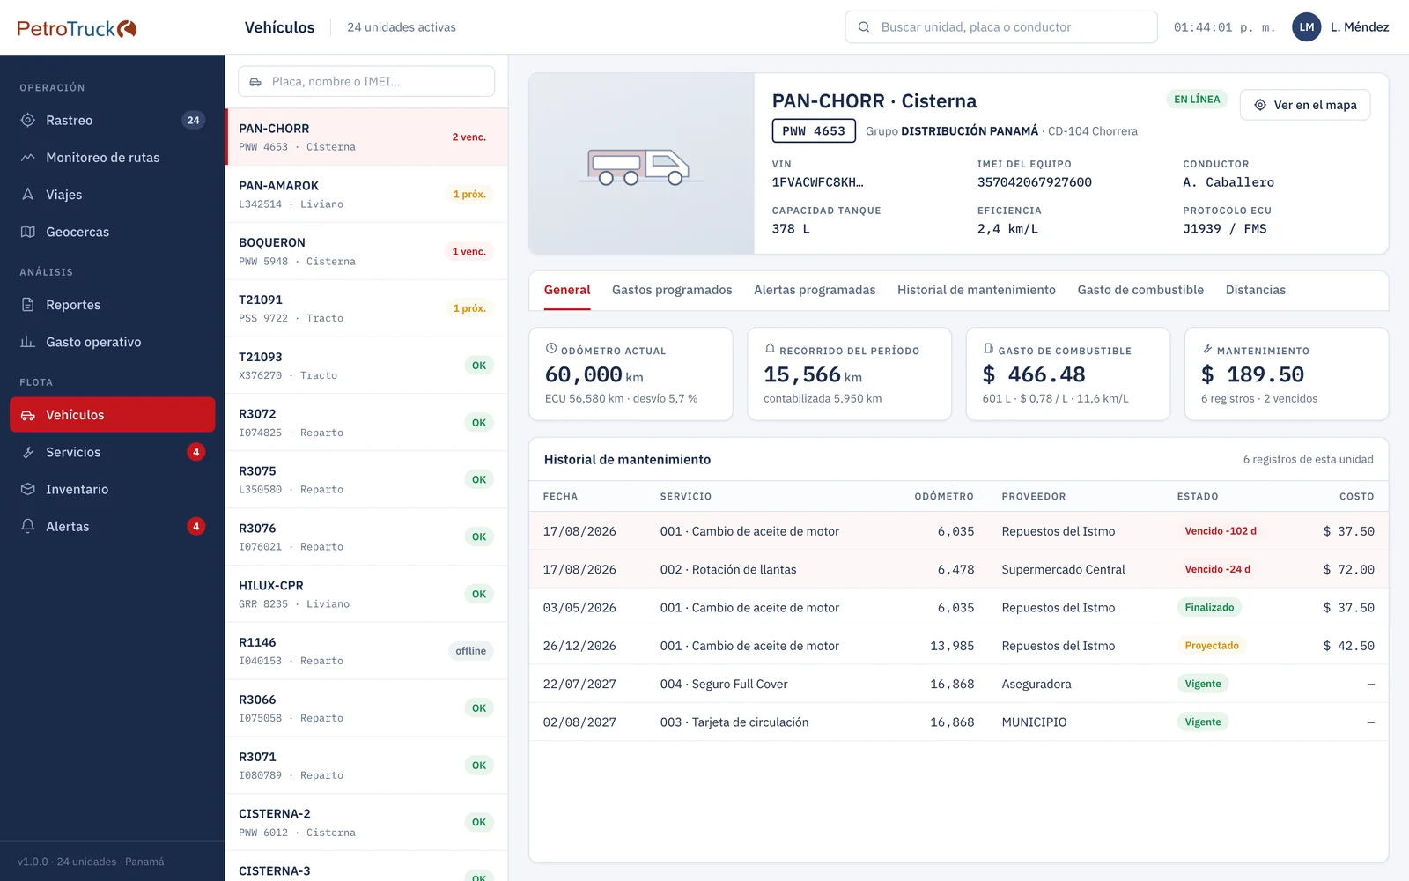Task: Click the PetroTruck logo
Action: pyautogui.click(x=77, y=28)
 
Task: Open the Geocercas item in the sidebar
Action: pyautogui.click(x=77, y=232)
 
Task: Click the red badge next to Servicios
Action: pyautogui.click(x=195, y=452)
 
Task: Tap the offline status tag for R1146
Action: pyautogui.click(x=470, y=651)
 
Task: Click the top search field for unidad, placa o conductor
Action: pyautogui.click(x=1000, y=27)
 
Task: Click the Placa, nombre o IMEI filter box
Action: pyautogui.click(x=366, y=81)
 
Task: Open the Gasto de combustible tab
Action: pyautogui.click(x=1140, y=290)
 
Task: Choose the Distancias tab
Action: pyautogui.click(x=1256, y=290)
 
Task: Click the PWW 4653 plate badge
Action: pyautogui.click(x=814, y=131)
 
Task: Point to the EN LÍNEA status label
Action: pyautogui.click(x=1197, y=99)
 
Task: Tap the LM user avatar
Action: pyautogui.click(x=1307, y=27)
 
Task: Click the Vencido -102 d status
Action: pyautogui.click(x=1221, y=531)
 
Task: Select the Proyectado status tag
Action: pyautogui.click(x=1212, y=646)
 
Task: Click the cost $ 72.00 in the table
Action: pyautogui.click(x=1348, y=569)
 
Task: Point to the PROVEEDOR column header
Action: pyautogui.click(x=1034, y=496)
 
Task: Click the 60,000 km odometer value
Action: pyautogui.click(x=594, y=374)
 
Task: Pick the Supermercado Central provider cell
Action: pyautogui.click(x=1063, y=569)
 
